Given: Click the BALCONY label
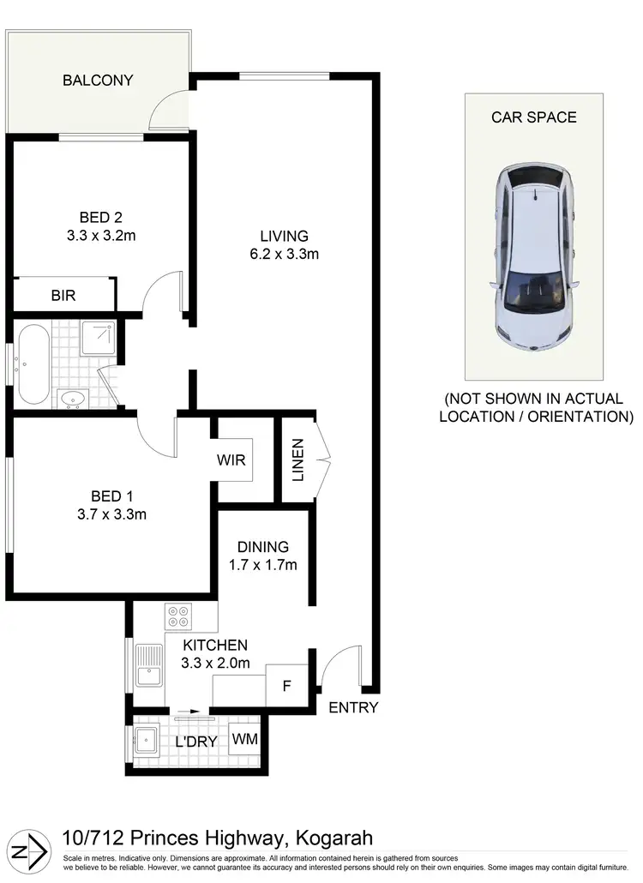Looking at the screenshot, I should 99,81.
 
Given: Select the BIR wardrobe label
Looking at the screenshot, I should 63,296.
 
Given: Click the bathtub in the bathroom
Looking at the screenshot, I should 33,364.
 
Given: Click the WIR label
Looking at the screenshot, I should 231,460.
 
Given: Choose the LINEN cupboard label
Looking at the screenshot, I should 297,460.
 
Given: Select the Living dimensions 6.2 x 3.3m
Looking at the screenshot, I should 285,254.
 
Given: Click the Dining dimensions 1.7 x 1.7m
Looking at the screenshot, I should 263,565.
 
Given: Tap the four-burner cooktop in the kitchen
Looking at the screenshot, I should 179,617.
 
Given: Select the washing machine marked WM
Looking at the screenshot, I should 245,738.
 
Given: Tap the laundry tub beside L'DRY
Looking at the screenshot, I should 146,738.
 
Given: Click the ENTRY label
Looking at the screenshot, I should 353,708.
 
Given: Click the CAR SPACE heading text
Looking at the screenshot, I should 533,117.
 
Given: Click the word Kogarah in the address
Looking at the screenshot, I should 334,838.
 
